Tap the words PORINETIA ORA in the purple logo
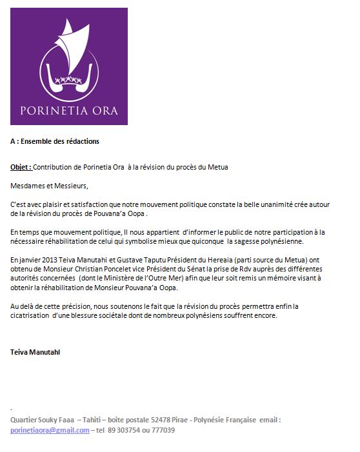pyautogui.click(x=68, y=110)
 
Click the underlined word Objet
pyautogui.click(x=21, y=167)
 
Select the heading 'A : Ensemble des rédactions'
pyautogui.click(x=55, y=141)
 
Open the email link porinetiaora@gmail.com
pyautogui.click(x=50, y=430)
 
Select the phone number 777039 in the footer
pyautogui.click(x=164, y=430)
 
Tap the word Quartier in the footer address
pyautogui.click(x=25, y=420)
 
